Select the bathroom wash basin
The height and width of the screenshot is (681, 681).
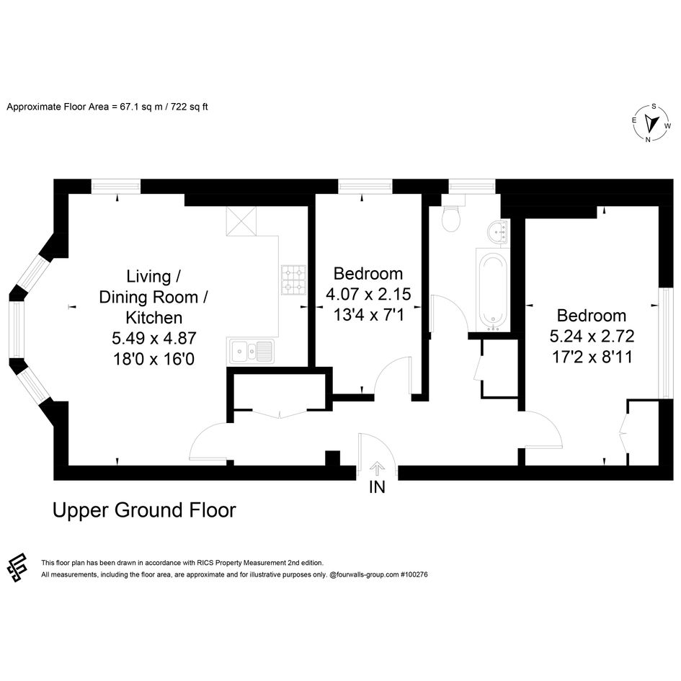[499, 231]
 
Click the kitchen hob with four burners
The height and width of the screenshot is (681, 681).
[293, 280]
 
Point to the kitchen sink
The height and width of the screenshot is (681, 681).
[251, 350]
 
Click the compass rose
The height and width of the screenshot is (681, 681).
[651, 124]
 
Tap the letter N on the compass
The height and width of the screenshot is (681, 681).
[648, 140]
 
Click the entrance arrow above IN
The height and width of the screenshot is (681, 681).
[377, 469]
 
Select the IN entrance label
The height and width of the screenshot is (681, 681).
[377, 487]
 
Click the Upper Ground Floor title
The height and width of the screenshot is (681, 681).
[144, 510]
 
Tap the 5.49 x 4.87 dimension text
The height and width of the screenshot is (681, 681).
[154, 338]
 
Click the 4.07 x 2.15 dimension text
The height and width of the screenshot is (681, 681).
[368, 294]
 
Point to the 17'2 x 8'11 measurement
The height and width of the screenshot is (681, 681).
[592, 357]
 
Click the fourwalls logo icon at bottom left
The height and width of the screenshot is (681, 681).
[17, 568]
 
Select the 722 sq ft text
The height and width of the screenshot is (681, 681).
[190, 107]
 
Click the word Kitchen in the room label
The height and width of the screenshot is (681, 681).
[154, 318]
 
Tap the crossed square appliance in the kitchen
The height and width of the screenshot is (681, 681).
[241, 221]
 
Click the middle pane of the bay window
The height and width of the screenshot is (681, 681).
[17, 329]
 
